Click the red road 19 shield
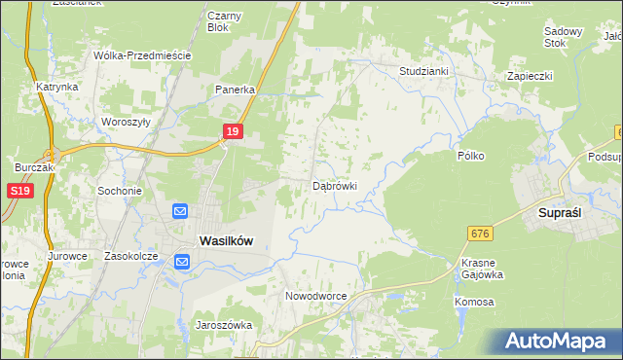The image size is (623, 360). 232,131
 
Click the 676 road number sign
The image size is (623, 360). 479,234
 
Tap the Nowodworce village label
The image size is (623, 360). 315,295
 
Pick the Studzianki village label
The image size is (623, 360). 423,71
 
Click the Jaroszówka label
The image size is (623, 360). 224,325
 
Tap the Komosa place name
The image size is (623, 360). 474,302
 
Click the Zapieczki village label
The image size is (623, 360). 530,75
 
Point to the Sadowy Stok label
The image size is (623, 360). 563,37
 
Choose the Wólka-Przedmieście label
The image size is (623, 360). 142,55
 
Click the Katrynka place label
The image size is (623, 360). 57,87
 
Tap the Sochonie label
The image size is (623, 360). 120,191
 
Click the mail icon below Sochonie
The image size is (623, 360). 180,211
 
